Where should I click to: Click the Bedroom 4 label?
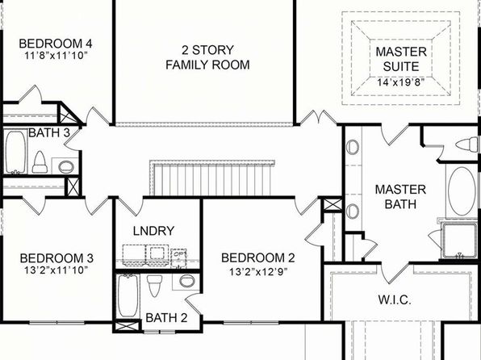pos(56,44)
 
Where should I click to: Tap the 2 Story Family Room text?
pos(207,57)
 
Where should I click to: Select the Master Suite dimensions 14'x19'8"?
pos(401,82)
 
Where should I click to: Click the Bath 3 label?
pos(49,133)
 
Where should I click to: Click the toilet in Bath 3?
pos(40,161)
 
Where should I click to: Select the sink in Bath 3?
pos(66,166)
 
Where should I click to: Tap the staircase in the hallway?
pos(211,178)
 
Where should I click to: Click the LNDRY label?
pos(153,231)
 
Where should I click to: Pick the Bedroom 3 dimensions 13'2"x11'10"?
pos(56,270)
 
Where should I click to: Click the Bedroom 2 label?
pos(258,257)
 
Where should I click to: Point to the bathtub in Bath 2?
pos(128,295)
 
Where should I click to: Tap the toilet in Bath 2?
pos(155,286)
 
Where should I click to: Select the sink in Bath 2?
pos(186,281)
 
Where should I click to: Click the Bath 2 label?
pos(166,318)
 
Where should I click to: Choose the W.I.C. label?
pos(395,299)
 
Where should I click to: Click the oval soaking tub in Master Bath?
pos(462,190)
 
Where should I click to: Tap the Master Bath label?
pos(400,197)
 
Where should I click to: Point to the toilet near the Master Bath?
pos(467,144)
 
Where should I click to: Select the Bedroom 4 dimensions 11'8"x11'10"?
pos(56,56)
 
